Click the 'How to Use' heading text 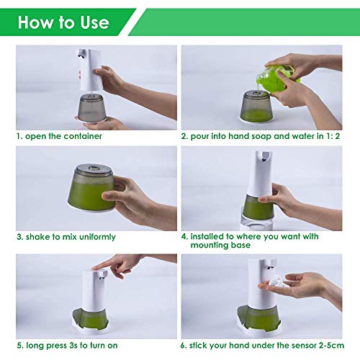click(63, 22)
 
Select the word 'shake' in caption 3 click(38, 237)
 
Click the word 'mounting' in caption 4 click(210, 246)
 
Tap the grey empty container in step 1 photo click(91, 108)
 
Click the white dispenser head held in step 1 click(89, 70)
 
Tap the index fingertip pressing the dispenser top click(94, 268)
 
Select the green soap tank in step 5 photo click(91, 319)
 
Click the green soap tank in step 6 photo click(257, 317)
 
